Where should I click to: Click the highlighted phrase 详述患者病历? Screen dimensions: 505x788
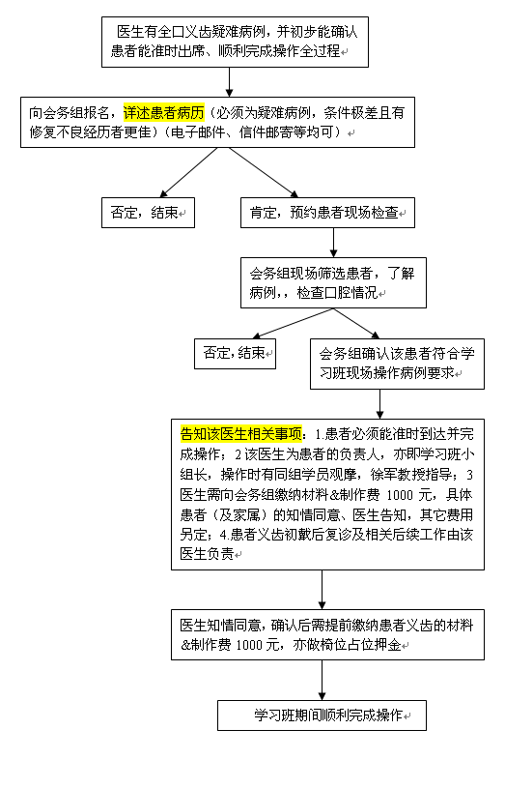[x=163, y=112]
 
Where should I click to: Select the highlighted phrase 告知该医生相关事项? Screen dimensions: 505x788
[x=241, y=434]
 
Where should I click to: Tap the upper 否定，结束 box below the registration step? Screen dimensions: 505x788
[x=148, y=213]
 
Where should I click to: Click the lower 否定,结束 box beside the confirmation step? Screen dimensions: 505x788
[x=235, y=354]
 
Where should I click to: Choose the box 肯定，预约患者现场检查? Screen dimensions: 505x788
[x=327, y=213]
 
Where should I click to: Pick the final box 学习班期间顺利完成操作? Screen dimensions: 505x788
[x=322, y=715]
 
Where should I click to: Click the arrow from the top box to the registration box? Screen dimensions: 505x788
[x=230, y=82]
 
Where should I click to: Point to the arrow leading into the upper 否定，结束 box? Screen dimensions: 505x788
[x=188, y=172]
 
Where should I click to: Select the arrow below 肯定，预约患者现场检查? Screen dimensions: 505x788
[x=333, y=243]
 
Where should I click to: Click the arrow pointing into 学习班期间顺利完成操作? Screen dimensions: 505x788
[x=322, y=680]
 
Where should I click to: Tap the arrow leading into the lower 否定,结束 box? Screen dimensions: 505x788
[x=293, y=324]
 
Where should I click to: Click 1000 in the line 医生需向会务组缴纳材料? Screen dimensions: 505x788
[x=400, y=495]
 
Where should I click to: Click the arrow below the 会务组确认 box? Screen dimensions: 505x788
[x=380, y=404]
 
